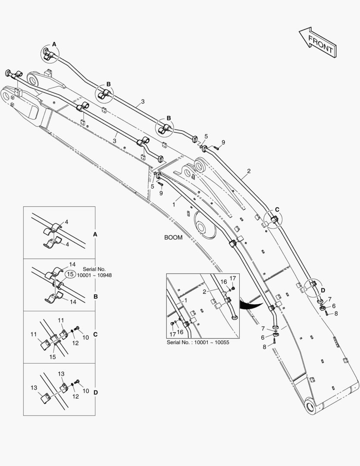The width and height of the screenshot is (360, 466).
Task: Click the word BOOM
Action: coord(173,237)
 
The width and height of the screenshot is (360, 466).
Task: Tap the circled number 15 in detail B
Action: coord(70,274)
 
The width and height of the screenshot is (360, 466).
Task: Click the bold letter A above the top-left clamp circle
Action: coord(54,44)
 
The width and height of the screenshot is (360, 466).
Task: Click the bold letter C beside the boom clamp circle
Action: coord(277,209)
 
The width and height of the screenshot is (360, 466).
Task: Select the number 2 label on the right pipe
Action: coord(249,171)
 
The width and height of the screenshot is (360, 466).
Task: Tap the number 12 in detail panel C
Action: coord(75,343)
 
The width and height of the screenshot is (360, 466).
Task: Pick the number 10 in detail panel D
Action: coord(86,391)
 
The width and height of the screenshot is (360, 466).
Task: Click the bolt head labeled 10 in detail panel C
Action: coord(78,328)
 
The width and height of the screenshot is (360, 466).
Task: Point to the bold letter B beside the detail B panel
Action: coord(96,296)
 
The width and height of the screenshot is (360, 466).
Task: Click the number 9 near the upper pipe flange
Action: coord(223,142)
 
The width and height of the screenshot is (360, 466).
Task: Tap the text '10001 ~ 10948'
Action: coord(94,276)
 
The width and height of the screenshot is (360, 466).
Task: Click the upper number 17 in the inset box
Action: coord(232,278)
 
